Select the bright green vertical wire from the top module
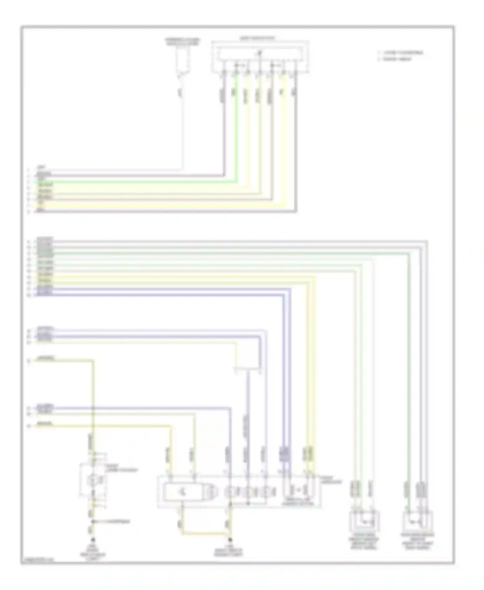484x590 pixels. (x=237, y=129)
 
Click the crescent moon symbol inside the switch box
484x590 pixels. (x=182, y=492)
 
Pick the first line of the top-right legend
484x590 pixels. (x=402, y=52)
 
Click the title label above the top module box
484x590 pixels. (x=257, y=38)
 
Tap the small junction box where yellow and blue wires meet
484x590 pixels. (x=247, y=368)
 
